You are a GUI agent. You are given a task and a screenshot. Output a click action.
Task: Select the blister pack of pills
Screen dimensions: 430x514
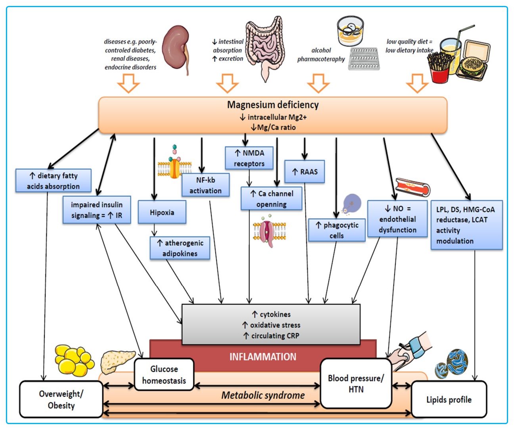[x=364, y=59]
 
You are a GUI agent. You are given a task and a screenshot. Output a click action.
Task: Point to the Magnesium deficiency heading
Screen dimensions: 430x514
[x=273, y=105]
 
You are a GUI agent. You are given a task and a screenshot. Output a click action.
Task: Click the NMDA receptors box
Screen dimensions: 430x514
[x=249, y=158]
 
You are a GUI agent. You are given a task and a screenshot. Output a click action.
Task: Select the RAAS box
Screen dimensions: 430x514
[x=305, y=172]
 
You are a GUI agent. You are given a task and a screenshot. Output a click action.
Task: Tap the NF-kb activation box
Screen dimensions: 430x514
[x=205, y=185]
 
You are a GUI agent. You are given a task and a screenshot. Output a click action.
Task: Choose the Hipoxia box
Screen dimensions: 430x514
[x=162, y=212]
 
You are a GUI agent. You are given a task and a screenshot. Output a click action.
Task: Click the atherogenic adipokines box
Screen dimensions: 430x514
[x=180, y=248]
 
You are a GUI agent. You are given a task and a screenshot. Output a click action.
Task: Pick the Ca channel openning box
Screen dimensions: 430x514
[x=271, y=199]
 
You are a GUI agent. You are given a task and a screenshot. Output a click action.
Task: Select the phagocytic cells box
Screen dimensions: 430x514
[x=337, y=230]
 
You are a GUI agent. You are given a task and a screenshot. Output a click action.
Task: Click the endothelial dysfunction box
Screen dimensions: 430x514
[x=397, y=219]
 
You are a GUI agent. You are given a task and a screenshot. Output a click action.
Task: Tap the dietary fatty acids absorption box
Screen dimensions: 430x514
[x=54, y=181]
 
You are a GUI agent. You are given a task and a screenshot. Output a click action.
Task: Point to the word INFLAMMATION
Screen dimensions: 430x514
[x=263, y=357]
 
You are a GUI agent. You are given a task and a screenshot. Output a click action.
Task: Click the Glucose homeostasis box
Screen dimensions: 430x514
[x=164, y=374]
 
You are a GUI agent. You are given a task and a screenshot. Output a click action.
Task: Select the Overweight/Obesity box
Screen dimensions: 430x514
[x=61, y=399]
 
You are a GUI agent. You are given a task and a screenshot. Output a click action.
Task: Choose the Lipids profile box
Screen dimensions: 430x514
[x=449, y=399]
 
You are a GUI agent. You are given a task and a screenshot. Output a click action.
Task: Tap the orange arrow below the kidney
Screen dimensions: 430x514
[x=128, y=83]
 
